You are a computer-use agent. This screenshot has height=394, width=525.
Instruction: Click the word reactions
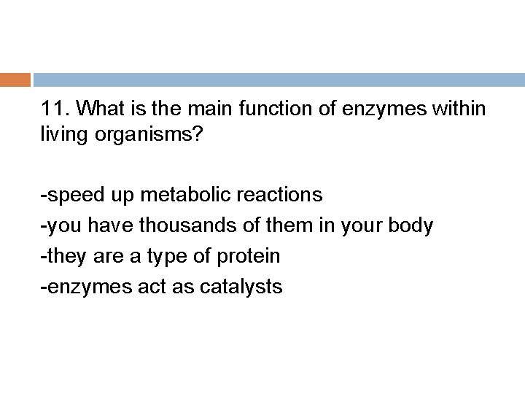click(279, 195)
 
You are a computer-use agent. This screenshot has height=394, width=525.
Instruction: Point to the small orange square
click(15, 80)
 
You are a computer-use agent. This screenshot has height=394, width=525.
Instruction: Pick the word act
click(145, 287)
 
